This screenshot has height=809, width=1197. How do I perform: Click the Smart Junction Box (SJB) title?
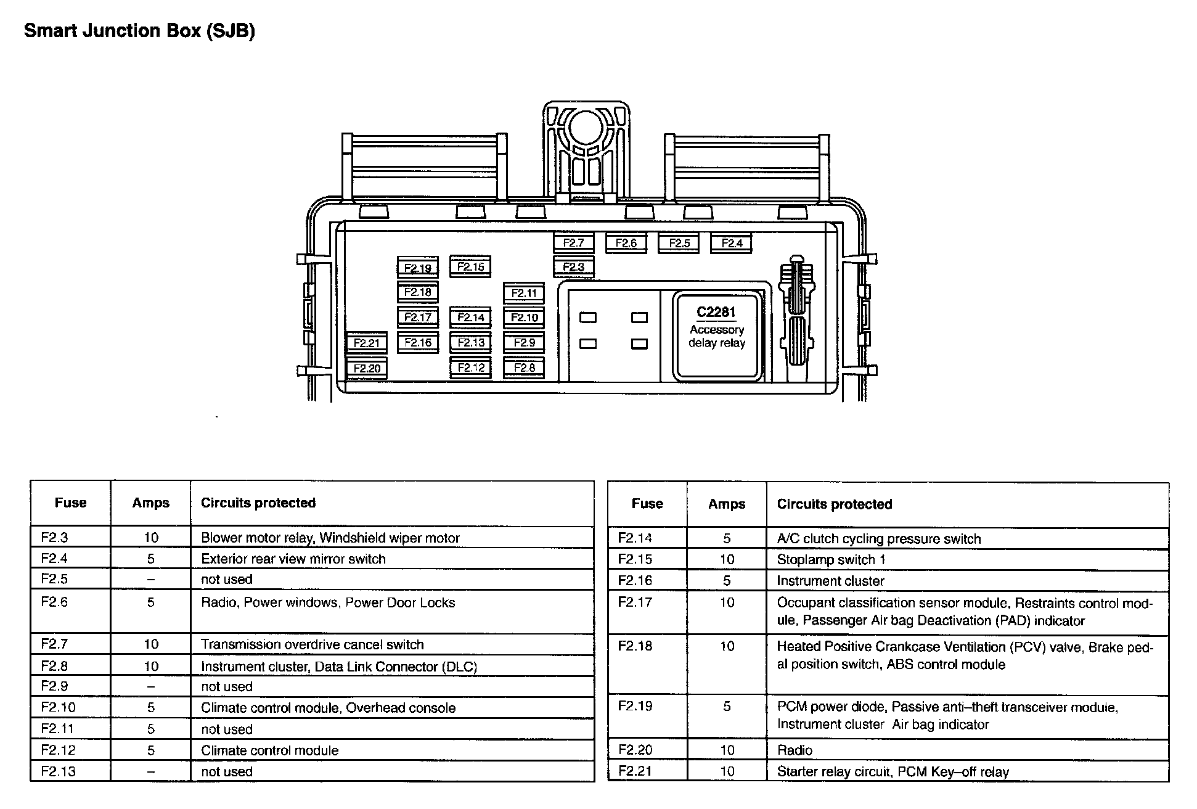pos(139,31)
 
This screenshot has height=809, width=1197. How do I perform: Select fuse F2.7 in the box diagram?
pos(573,243)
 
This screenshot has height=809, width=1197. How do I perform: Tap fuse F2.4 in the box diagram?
pos(732,243)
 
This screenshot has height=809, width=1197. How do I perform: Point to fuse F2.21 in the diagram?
pos(367,343)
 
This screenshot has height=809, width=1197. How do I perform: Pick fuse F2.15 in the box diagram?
pos(470,267)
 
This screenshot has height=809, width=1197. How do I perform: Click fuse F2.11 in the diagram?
pos(524,293)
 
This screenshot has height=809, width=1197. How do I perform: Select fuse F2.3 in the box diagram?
pos(573,267)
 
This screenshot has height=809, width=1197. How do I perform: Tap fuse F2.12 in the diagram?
pos(471,368)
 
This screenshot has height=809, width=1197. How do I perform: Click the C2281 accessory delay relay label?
pos(716,327)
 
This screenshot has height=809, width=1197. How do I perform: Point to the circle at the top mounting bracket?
pos(586,128)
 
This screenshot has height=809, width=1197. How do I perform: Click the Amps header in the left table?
pos(150,503)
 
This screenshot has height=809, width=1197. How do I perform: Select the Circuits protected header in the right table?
pos(834,504)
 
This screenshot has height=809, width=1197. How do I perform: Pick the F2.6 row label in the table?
pos(54,602)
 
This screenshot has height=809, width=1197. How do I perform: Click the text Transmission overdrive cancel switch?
pos(312,645)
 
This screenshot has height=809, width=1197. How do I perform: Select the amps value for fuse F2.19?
pos(727,706)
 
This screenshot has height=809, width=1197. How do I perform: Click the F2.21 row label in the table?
pos(635,771)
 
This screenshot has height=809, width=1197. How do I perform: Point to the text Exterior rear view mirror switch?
pos(293,559)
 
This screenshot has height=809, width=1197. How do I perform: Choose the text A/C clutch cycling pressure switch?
pos(878,539)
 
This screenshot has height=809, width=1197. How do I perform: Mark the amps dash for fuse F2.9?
pos(150,686)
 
